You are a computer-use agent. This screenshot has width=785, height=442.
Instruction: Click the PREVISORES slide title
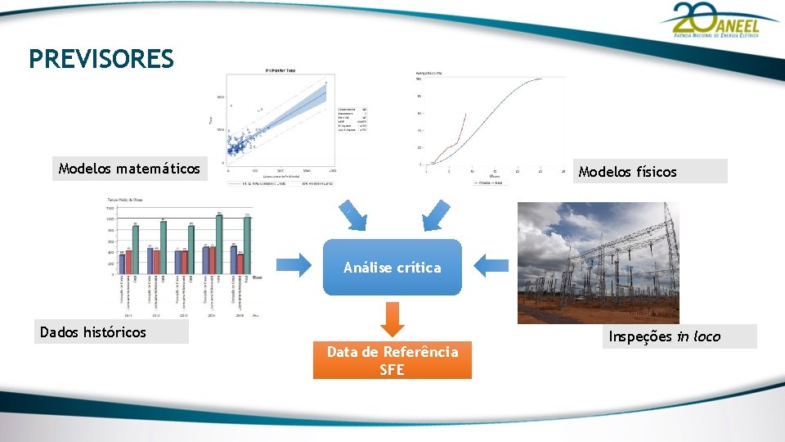[101, 59]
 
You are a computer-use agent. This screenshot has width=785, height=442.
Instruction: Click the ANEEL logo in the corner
[711, 20]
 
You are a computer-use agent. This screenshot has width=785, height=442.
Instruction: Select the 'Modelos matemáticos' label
[129, 169]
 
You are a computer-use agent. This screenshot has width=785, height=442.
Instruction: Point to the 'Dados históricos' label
[93, 332]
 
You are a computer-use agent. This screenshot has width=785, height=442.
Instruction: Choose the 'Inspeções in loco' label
[665, 336]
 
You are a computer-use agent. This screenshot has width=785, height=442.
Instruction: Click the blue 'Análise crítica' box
[392, 268]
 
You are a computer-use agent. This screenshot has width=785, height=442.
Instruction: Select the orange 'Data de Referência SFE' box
[392, 360]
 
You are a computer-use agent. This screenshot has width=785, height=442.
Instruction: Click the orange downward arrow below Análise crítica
[392, 318]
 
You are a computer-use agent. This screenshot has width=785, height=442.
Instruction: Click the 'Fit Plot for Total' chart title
[281, 70]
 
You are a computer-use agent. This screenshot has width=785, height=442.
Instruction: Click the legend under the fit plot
[280, 183]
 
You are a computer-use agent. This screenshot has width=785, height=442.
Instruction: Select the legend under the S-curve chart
[491, 183]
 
